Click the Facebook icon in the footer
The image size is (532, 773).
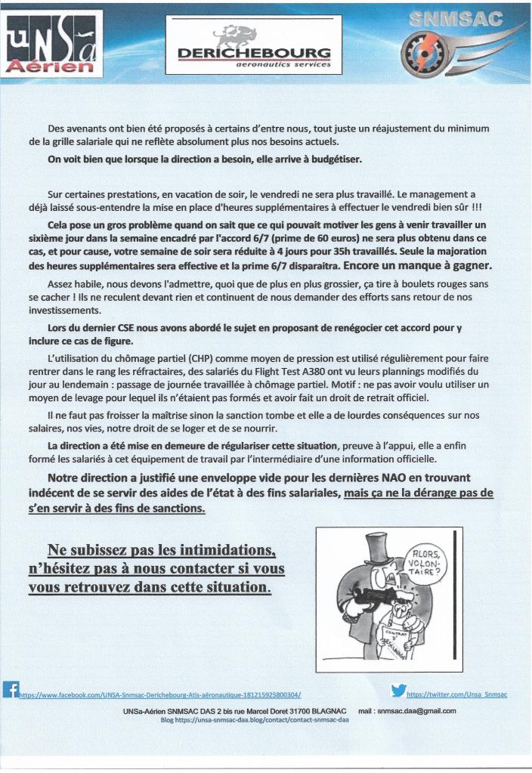click(x=11, y=689)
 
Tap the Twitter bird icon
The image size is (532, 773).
click(x=399, y=689)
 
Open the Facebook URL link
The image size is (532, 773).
click(x=164, y=694)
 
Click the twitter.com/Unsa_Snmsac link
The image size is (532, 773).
click(x=456, y=694)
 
